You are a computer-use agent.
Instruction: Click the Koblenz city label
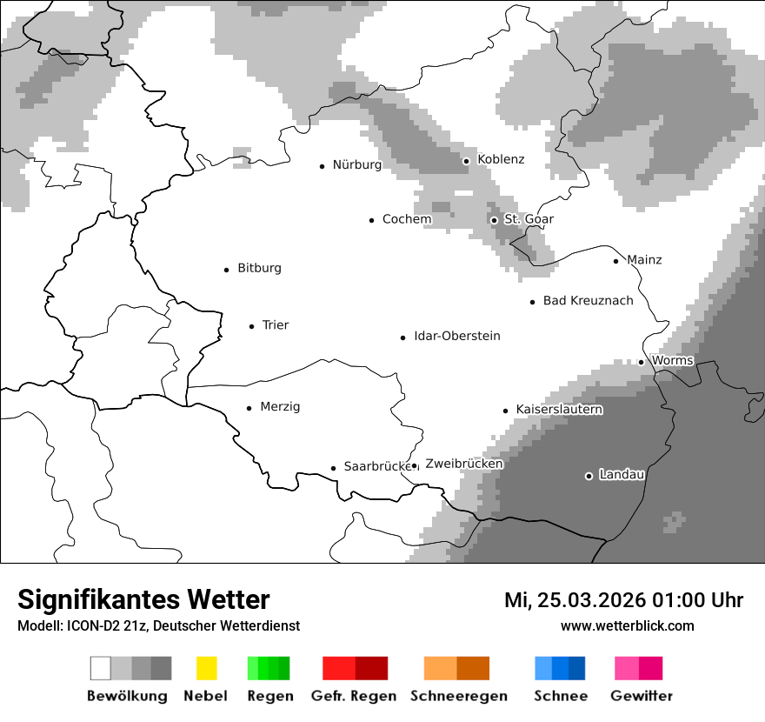501,159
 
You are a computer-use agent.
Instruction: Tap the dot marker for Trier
251,326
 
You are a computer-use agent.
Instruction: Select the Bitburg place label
259,268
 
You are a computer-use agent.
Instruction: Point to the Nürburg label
356,164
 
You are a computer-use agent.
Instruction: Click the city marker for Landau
589,476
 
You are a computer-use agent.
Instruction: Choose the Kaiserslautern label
559,409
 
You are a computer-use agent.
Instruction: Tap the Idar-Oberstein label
456,336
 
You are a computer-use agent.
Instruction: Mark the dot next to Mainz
615,261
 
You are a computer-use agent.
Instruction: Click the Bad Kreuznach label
588,300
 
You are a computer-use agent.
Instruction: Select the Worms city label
672,360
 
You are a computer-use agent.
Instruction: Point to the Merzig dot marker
249,407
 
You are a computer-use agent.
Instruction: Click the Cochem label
407,219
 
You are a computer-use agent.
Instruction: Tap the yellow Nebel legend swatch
206,668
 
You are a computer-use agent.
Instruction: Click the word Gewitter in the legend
641,696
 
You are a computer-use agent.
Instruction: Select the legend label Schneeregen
458,696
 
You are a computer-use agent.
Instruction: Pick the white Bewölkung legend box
101,668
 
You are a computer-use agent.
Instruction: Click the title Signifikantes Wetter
143,599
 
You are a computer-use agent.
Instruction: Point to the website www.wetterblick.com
627,625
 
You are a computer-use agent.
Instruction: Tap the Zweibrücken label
463,464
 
